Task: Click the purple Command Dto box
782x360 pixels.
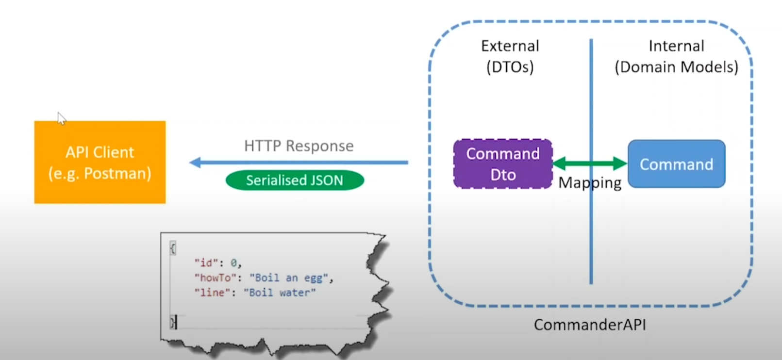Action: (x=503, y=164)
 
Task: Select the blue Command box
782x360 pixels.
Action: (x=676, y=164)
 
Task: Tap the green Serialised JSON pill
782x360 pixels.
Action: (x=295, y=180)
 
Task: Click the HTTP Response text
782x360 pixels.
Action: (x=299, y=146)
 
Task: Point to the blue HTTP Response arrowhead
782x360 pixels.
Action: (x=195, y=163)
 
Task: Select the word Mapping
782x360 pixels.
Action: (x=589, y=183)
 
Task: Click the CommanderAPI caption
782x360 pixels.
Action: (x=589, y=325)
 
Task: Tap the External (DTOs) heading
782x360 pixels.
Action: (x=510, y=56)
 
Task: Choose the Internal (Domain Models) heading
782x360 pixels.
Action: (x=676, y=56)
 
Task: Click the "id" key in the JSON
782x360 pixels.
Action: (x=203, y=263)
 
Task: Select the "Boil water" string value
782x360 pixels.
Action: (x=280, y=293)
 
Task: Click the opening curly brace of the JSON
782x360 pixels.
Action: (x=173, y=248)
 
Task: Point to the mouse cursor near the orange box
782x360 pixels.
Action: (x=61, y=117)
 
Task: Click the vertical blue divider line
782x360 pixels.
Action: (x=591, y=233)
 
